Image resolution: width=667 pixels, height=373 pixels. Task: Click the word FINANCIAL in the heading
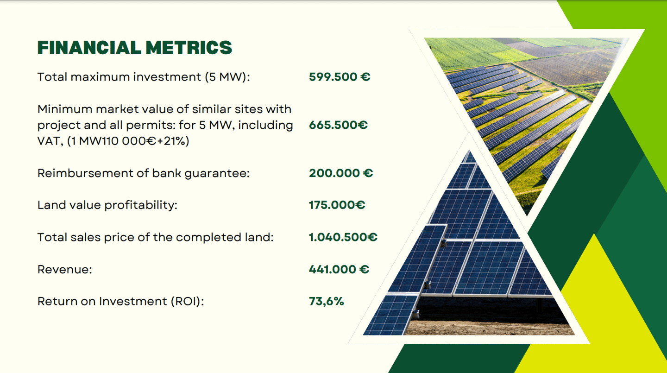(89, 48)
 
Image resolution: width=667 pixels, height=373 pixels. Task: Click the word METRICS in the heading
(189, 48)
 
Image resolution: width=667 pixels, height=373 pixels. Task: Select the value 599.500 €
(340, 77)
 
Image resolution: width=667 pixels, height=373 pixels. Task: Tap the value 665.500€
(338, 125)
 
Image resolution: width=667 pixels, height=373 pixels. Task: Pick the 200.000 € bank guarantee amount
(340, 173)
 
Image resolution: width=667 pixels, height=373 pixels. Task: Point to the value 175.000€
(337, 205)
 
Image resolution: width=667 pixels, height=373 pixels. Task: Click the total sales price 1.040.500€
(343, 237)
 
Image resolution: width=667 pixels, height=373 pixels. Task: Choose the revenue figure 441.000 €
(339, 269)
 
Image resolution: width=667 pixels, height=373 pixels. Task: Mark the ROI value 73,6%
(327, 301)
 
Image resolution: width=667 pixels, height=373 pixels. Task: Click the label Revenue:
(65, 269)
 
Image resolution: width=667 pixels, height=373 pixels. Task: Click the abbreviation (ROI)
(187, 302)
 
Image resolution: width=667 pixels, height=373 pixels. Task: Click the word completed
(208, 237)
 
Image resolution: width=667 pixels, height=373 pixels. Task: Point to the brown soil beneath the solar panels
(488, 328)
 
